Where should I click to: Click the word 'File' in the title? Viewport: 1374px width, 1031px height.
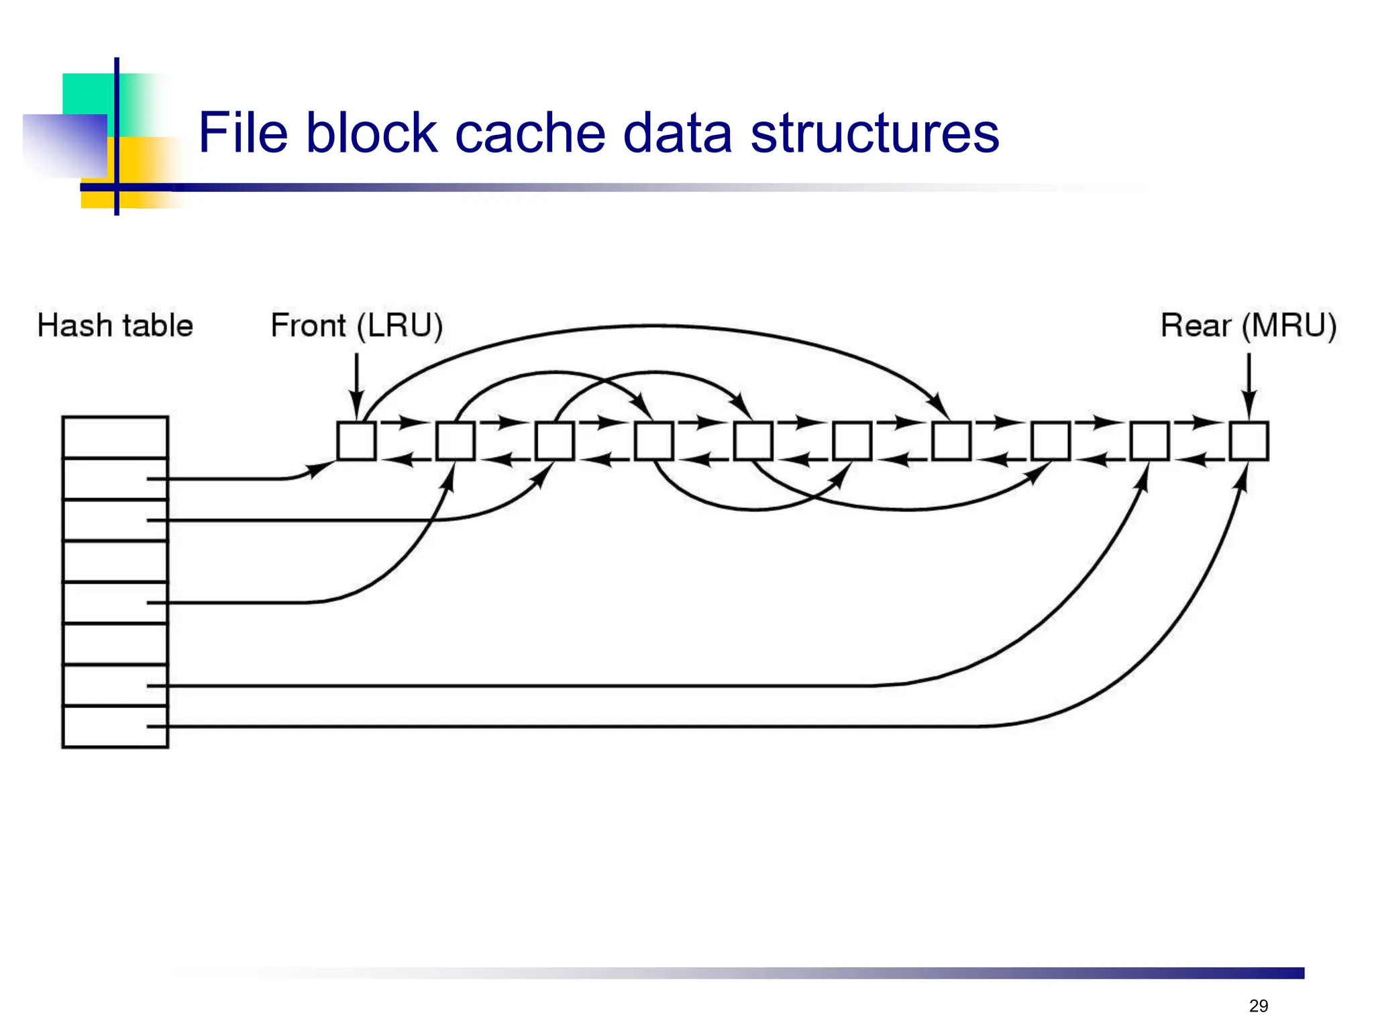pos(243,133)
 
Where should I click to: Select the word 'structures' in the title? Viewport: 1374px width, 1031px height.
pos(874,133)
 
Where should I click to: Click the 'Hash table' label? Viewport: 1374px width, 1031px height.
pos(115,326)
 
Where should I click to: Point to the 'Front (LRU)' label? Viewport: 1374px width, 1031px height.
pos(356,326)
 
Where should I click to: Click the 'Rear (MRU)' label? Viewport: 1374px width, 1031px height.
pos(1248,326)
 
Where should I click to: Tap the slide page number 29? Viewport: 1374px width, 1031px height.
pos(1258,1005)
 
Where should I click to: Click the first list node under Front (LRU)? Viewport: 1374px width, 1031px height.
pos(356,441)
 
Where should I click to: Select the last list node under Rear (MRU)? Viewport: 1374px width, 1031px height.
pos(1249,441)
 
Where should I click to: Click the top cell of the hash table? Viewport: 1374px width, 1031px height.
pos(115,437)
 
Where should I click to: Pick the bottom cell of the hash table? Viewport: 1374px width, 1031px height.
pos(115,727)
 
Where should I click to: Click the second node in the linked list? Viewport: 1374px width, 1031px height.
pos(456,441)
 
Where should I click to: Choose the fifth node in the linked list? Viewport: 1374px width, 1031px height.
pos(753,441)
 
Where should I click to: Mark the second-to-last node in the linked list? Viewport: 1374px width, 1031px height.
pos(1149,441)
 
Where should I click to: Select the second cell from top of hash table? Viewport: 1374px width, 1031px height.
pos(115,479)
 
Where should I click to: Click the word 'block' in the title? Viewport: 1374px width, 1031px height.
pos(372,133)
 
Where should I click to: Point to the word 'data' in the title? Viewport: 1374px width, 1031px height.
pos(677,133)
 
